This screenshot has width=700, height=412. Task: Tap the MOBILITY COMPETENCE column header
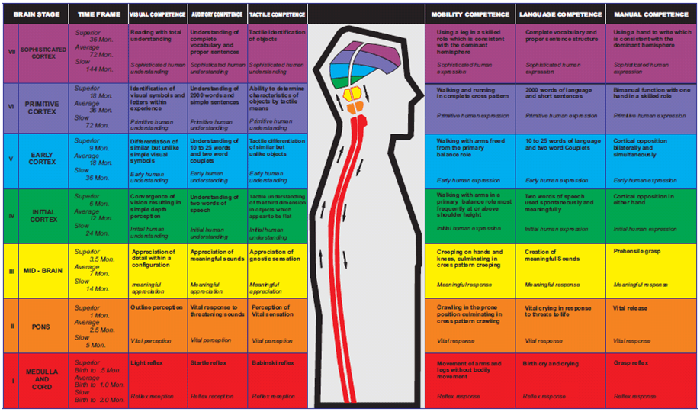coord(470,14)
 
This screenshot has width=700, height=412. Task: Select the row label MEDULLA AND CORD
coord(43,379)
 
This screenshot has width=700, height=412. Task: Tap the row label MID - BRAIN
coord(43,270)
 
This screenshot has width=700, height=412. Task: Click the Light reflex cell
coord(144,363)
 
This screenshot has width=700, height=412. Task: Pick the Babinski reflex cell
coord(272,363)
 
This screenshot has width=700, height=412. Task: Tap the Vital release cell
coord(630,308)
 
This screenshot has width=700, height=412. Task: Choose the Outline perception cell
coord(155,307)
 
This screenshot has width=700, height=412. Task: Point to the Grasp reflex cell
coord(631,363)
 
